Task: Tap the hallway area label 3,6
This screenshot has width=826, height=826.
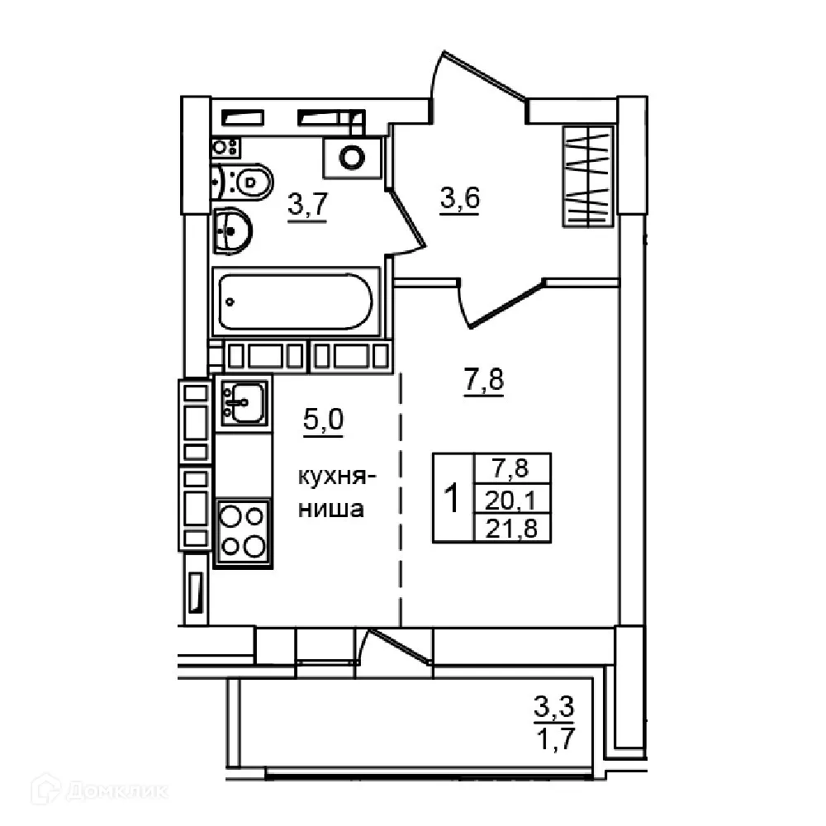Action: click(x=460, y=199)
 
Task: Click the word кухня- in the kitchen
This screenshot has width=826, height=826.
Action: click(x=337, y=477)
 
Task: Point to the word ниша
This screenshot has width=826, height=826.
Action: click(x=331, y=509)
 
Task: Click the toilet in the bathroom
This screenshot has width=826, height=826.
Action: click(x=248, y=180)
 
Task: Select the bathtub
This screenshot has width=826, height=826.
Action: click(x=297, y=302)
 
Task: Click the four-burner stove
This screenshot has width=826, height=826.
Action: click(x=243, y=533)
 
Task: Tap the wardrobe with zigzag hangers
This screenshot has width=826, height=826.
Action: click(x=588, y=175)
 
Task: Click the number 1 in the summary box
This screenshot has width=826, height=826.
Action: click(x=453, y=497)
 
